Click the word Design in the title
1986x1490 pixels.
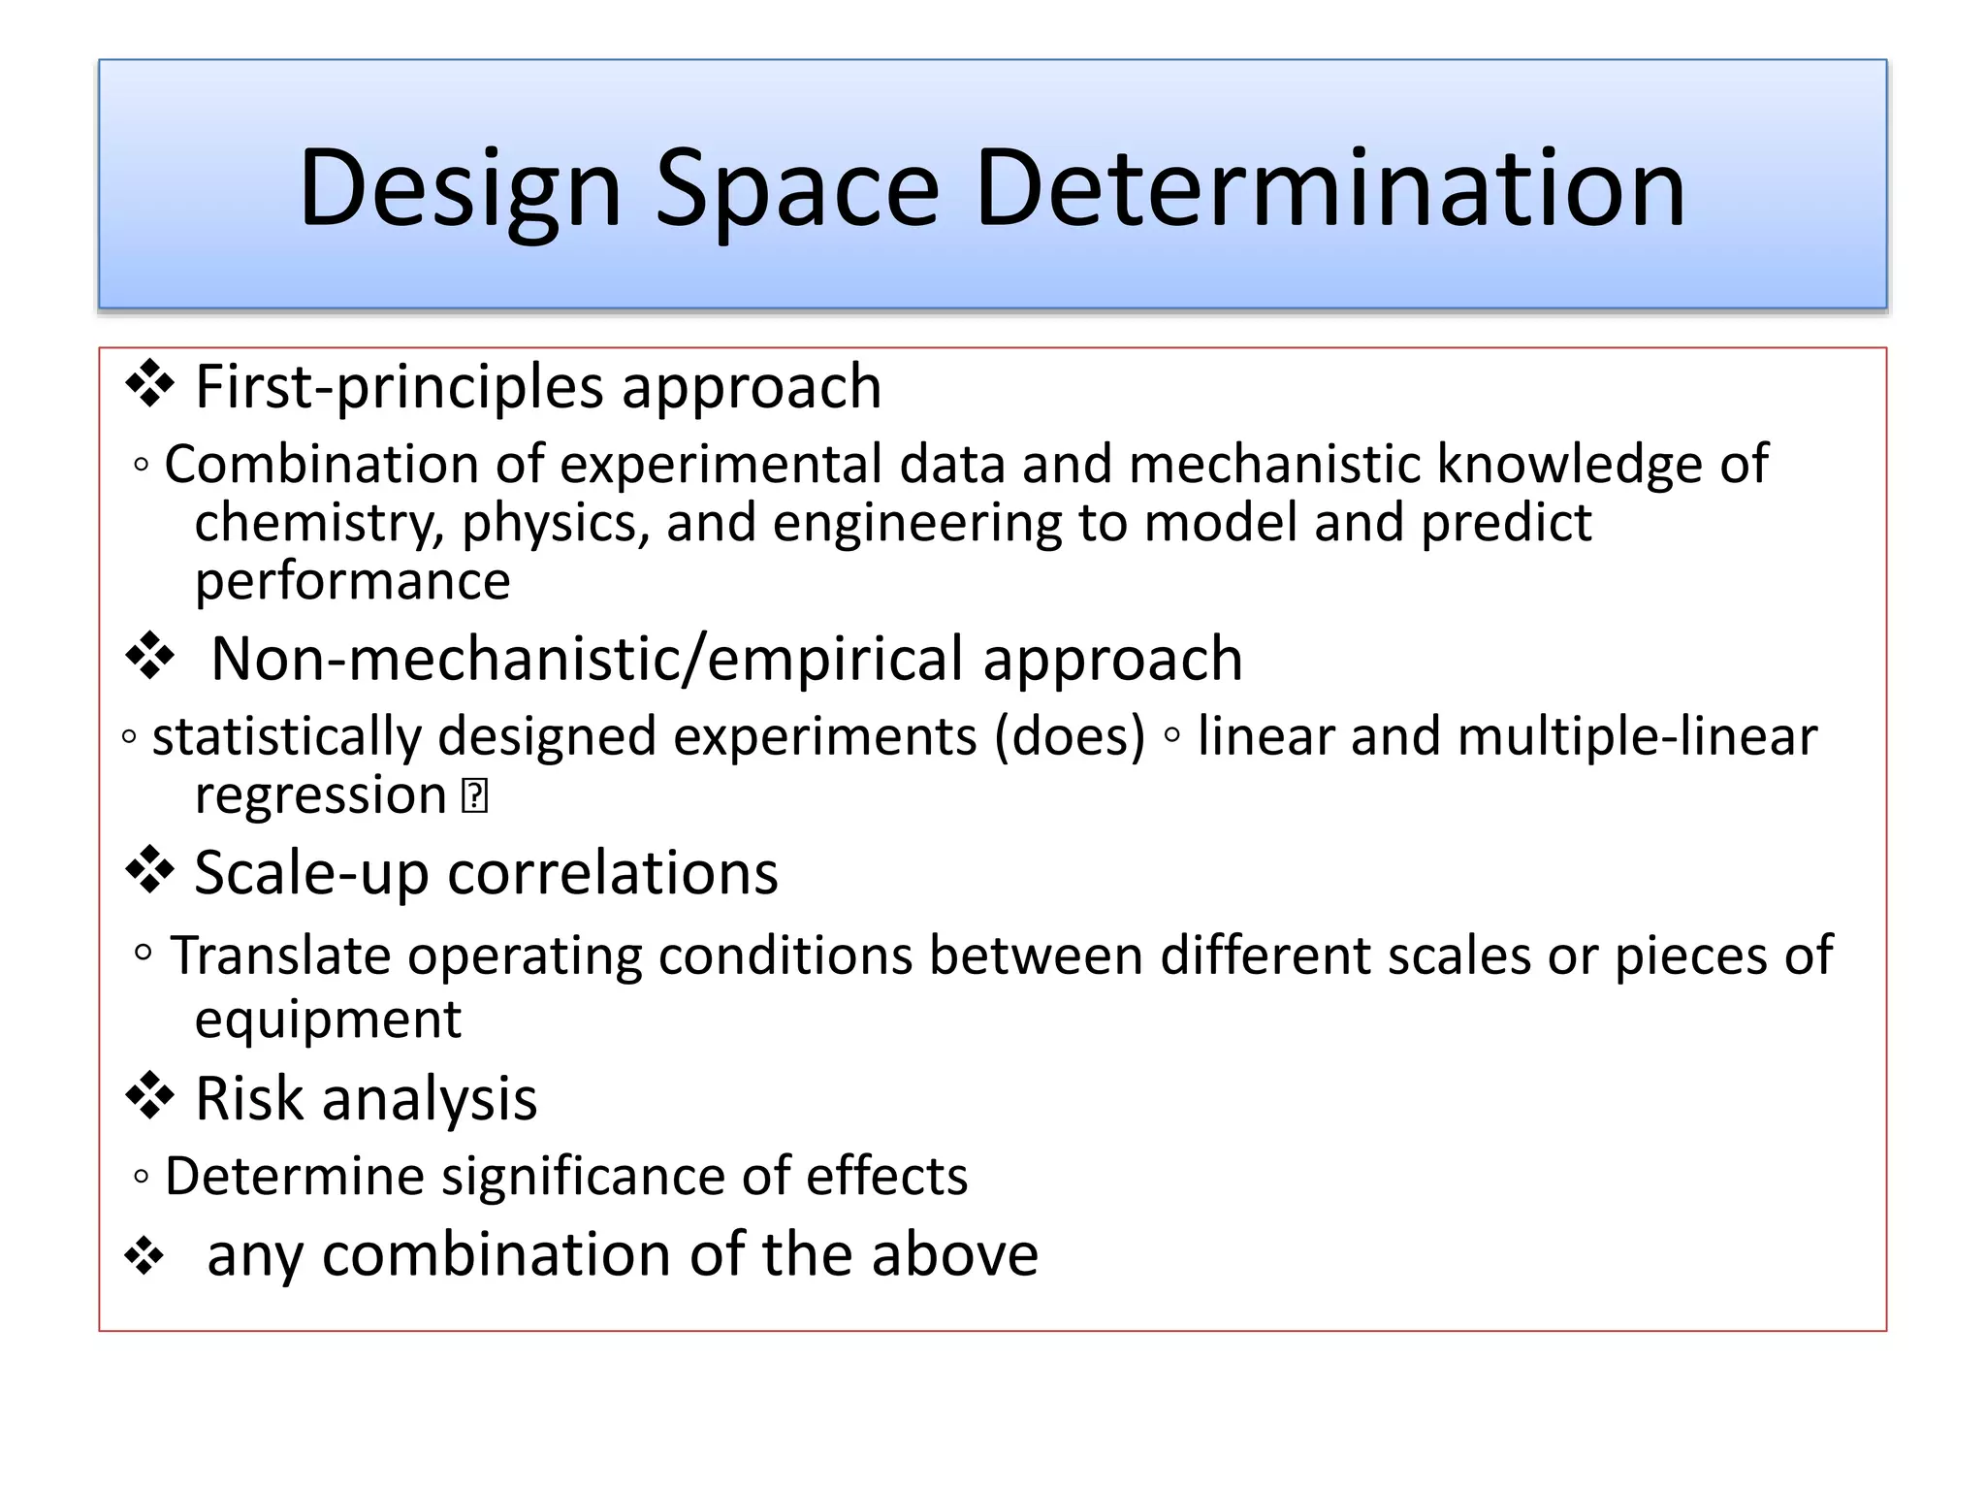tap(460, 188)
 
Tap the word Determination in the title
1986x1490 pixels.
tap(1330, 188)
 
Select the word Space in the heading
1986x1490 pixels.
tap(797, 188)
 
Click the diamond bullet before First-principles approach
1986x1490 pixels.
tap(149, 384)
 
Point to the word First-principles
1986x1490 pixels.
tap(400, 387)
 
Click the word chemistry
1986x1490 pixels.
tap(318, 524)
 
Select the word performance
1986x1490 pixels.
tap(352, 582)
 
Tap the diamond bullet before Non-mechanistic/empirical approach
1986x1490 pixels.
tap(149, 657)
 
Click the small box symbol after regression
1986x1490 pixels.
tap(474, 796)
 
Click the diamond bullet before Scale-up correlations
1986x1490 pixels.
tap(149, 870)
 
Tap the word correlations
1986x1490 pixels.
tap(613, 873)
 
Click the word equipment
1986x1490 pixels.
tap(328, 1020)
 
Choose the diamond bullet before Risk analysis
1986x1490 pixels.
tap(149, 1096)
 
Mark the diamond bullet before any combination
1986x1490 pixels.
tap(144, 1256)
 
